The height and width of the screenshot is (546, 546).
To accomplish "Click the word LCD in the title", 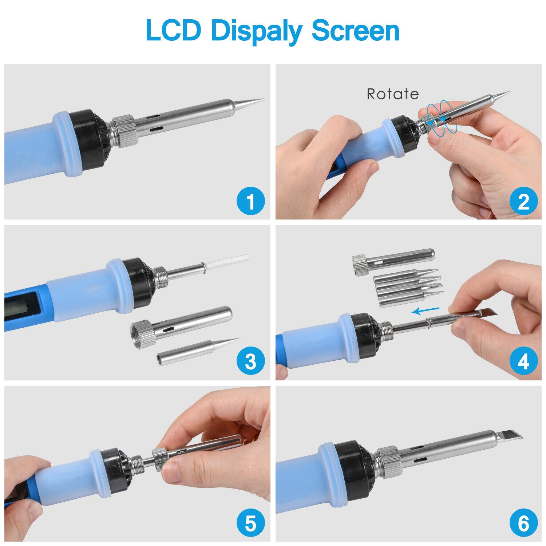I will point(173,31).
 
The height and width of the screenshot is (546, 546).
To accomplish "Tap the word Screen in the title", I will point(355,31).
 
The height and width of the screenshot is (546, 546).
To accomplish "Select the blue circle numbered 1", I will point(250,201).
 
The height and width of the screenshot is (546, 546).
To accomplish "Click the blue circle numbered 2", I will point(523,201).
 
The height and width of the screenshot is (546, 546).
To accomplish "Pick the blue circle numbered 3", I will point(250,362).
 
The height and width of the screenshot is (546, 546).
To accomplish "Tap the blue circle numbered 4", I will point(523,362).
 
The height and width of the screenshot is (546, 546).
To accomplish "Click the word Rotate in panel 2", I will point(392,94).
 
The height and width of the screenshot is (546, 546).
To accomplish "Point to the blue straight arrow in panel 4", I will point(425,311).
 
